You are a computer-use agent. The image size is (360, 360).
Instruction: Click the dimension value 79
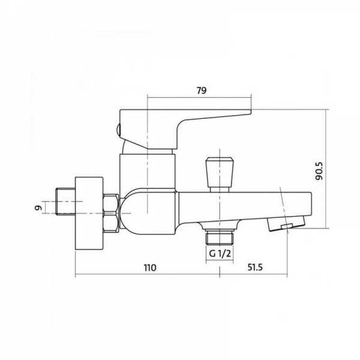202,91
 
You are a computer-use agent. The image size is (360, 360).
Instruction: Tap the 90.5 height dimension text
319,170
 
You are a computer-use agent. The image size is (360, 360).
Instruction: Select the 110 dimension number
150,268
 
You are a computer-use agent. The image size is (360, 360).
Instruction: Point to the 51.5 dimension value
255,267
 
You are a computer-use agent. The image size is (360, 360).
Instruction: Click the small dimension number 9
39,208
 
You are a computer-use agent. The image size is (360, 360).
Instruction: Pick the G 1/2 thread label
220,254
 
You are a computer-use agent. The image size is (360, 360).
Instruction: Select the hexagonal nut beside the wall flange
111,213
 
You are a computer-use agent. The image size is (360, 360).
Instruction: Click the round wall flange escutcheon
89,213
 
